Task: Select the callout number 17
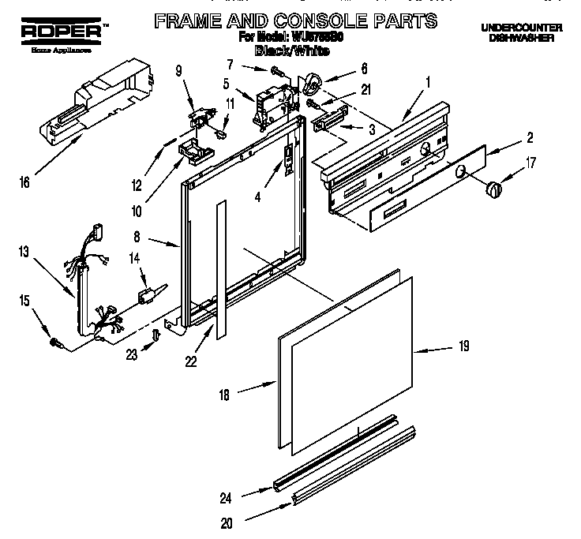pyautogui.click(x=530, y=165)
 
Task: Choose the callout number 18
pyautogui.click(x=224, y=395)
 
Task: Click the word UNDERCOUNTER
pyautogui.click(x=520, y=27)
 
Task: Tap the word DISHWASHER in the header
pyautogui.click(x=521, y=38)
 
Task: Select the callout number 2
pyautogui.click(x=529, y=138)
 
